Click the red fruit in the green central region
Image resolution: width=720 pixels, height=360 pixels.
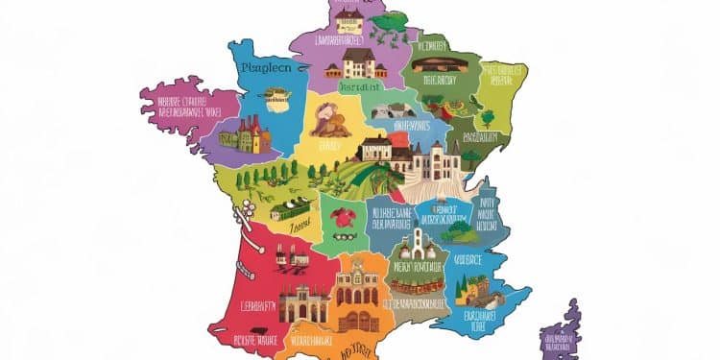pyautogui.click(x=342, y=217)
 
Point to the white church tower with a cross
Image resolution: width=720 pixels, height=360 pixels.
pyautogui.click(x=420, y=240)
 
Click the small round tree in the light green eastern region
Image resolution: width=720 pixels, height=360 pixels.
pyautogui.click(x=488, y=118)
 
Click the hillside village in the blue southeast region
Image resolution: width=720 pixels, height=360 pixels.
pyautogui.click(x=473, y=289)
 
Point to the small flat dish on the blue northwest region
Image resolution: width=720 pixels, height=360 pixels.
pyautogui.click(x=278, y=95)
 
